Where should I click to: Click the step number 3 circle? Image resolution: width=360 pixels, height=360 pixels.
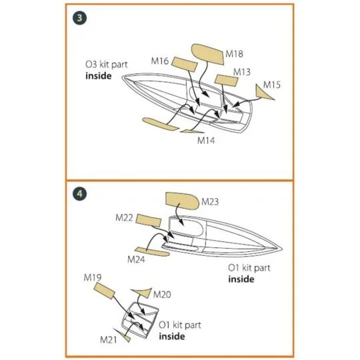(x=80, y=18)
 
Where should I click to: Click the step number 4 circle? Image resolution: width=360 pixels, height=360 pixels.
(x=80, y=194)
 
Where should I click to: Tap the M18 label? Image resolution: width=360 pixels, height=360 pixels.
(x=234, y=54)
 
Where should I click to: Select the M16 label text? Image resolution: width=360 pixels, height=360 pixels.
(x=160, y=61)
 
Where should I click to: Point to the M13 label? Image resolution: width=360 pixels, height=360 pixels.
(x=242, y=72)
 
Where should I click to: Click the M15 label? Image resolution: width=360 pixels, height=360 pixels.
(x=271, y=85)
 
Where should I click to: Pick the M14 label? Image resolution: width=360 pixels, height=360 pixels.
(x=206, y=141)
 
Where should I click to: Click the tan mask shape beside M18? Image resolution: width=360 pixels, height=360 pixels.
(x=207, y=54)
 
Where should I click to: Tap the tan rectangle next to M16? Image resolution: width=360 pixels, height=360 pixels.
(x=185, y=64)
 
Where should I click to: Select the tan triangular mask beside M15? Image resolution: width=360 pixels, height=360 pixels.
(x=263, y=93)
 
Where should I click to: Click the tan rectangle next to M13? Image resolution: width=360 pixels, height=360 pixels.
(x=226, y=81)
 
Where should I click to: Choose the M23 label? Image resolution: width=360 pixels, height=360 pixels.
(x=210, y=202)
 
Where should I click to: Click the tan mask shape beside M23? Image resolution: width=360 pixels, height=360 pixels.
(x=182, y=201)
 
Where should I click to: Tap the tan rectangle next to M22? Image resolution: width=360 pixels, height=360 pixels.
(x=149, y=221)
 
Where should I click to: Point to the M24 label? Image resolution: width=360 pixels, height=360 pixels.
(x=136, y=260)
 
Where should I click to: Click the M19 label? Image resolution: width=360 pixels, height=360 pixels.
(x=93, y=278)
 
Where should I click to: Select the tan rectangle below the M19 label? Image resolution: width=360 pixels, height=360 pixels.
(x=104, y=291)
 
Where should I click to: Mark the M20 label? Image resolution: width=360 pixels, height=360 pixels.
(x=162, y=295)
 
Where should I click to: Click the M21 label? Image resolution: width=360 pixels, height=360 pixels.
(x=109, y=340)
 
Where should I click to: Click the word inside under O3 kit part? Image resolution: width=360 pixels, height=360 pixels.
(x=99, y=76)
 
